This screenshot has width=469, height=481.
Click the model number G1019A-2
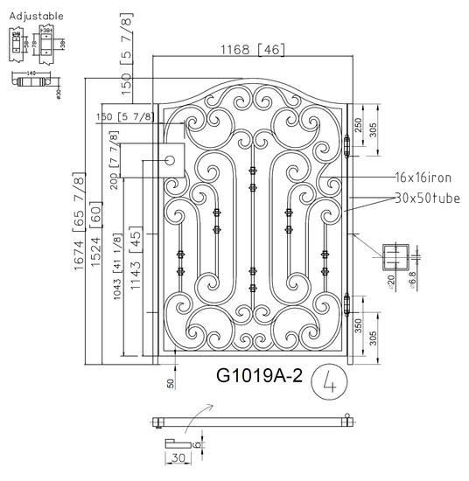(x=259, y=376)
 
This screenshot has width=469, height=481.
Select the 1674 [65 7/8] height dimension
(x=80, y=223)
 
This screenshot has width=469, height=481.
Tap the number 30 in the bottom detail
(x=180, y=457)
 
